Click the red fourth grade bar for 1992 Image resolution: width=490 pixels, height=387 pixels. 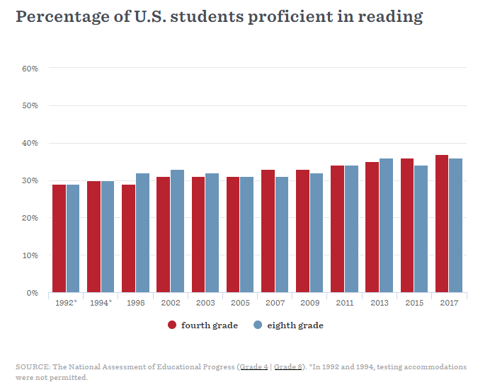point(59,238)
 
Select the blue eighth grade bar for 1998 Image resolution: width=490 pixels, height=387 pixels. point(142,233)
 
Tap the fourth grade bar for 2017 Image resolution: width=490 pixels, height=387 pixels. point(442,224)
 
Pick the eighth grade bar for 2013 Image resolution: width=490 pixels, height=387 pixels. point(386,226)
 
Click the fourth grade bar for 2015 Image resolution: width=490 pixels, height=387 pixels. point(407,226)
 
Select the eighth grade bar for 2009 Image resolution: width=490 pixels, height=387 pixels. point(317,233)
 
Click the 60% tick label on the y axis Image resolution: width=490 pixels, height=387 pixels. point(30,69)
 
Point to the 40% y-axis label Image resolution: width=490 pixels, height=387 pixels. point(30,143)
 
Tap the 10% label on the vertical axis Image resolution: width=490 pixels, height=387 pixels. point(30,255)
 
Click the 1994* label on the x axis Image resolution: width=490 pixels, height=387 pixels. point(101,303)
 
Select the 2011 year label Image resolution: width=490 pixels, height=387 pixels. point(344,303)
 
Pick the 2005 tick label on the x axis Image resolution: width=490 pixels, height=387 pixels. point(240,303)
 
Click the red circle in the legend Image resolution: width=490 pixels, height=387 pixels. point(172,325)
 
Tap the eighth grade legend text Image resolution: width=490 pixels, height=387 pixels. point(295,325)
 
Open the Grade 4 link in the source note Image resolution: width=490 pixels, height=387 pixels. point(253,367)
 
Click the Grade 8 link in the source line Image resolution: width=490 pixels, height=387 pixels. point(288,367)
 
